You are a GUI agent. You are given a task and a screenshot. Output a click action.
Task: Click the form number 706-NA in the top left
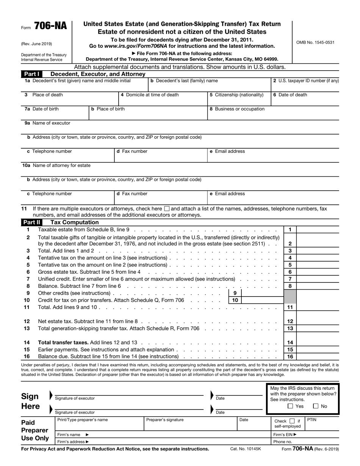point(50,26)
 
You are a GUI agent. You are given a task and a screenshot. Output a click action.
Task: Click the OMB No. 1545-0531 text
point(315,42)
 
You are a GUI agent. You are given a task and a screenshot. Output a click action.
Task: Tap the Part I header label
point(31,74)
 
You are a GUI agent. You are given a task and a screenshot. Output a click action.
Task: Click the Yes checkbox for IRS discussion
point(290,406)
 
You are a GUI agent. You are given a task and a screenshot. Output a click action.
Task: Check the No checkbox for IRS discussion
point(316,406)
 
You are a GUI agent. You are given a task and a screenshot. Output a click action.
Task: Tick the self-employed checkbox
point(292,421)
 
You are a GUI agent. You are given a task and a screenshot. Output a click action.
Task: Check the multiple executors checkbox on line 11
point(167,209)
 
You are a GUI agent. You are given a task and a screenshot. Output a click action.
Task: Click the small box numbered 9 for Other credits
point(235,293)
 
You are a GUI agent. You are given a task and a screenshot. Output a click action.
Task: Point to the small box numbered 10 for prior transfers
point(235,300)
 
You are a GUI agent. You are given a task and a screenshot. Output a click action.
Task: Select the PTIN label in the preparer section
point(311,420)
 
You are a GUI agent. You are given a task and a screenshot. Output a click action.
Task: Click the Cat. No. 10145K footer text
point(246,449)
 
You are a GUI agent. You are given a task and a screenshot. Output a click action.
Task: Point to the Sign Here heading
point(30,402)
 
